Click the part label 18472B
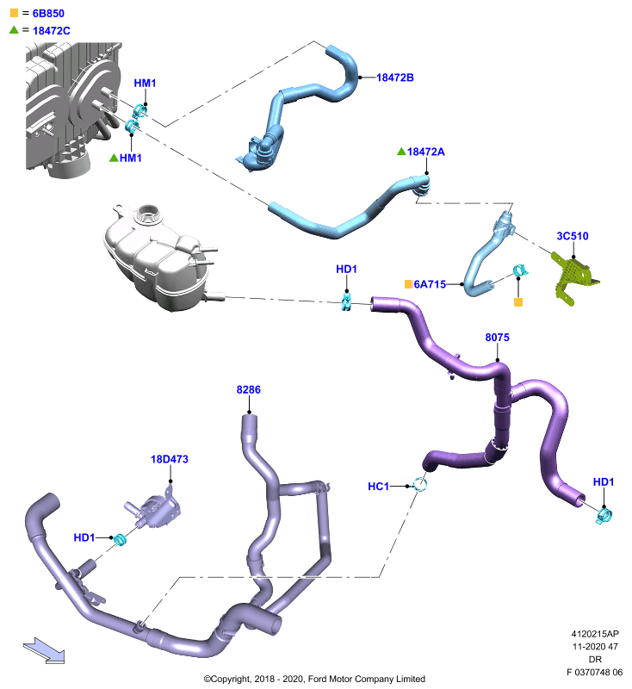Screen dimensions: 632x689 click(395, 78)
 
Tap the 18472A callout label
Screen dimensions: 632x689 click(425, 152)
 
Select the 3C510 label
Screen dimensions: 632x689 click(573, 236)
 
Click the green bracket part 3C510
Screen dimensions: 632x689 click(573, 277)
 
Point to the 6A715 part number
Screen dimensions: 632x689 click(430, 284)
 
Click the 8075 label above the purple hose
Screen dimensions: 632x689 click(497, 338)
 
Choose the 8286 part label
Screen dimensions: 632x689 click(249, 390)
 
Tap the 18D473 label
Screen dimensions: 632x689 click(170, 459)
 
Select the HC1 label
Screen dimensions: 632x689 click(379, 487)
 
